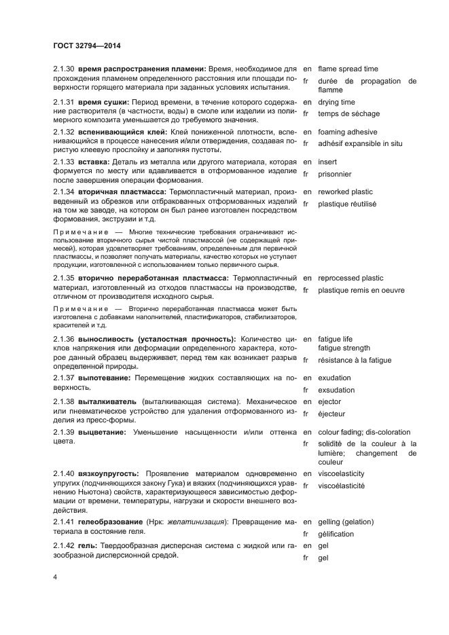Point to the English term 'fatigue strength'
click(344, 348)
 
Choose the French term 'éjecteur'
click(331, 414)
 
